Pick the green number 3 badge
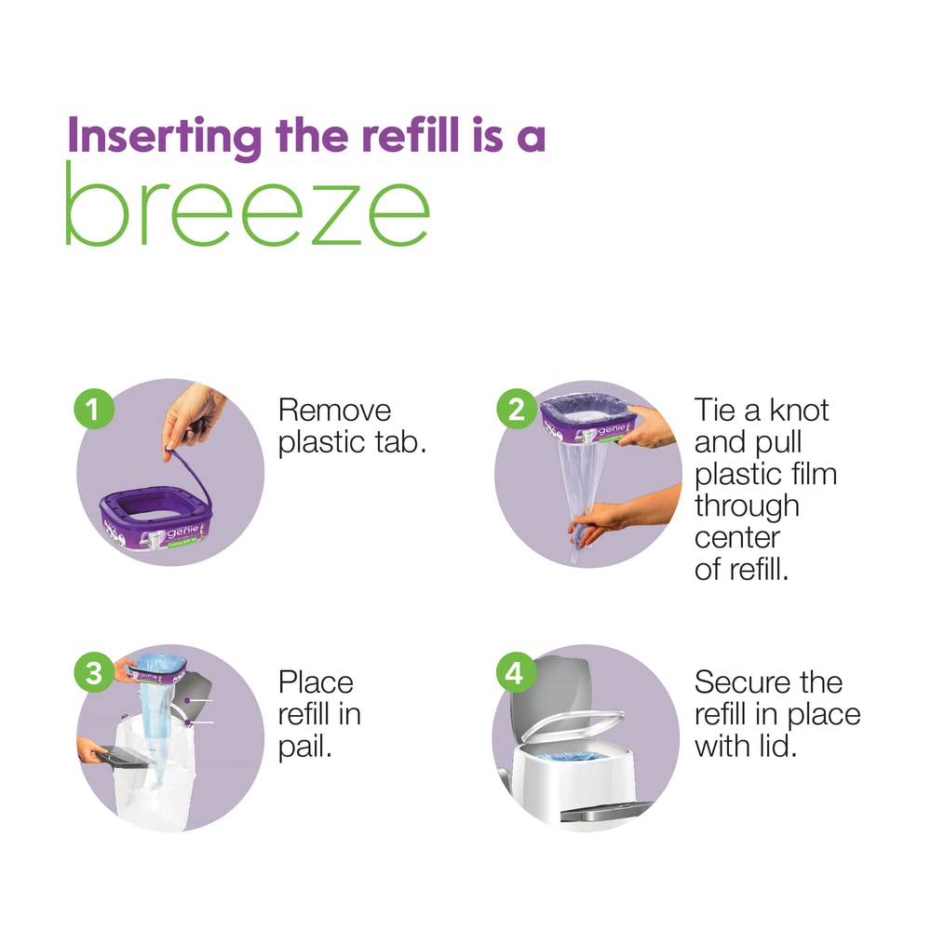[93, 673]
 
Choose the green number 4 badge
[515, 674]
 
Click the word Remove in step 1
[335, 410]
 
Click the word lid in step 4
[777, 746]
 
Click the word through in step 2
[747, 506]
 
